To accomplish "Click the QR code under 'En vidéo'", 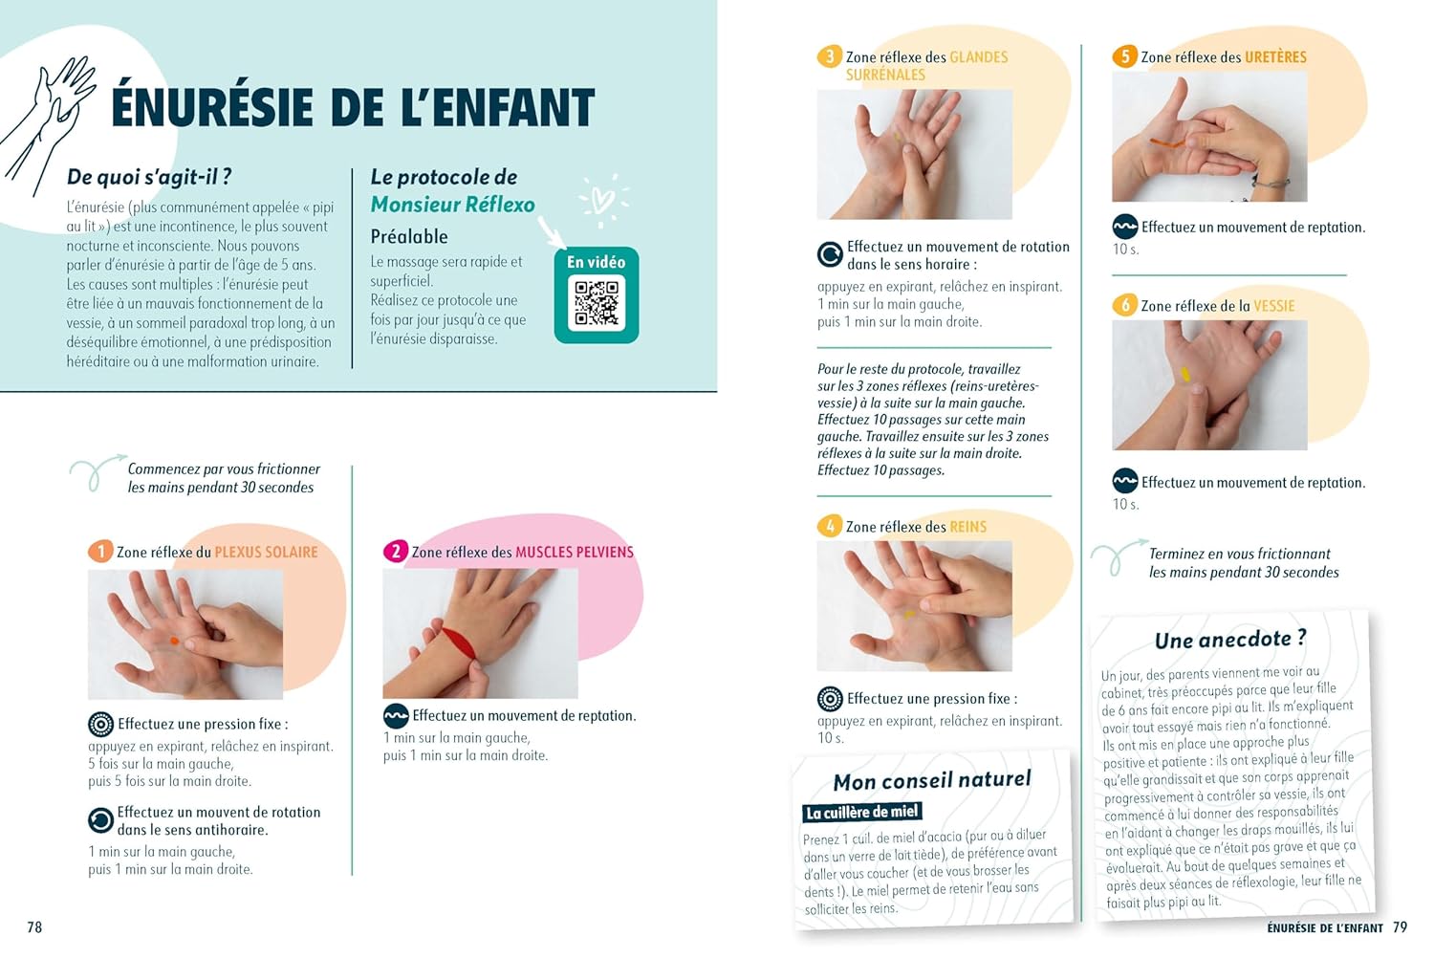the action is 596,303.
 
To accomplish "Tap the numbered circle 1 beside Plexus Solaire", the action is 100,552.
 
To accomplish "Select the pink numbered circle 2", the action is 396,552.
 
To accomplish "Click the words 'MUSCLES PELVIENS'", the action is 575,552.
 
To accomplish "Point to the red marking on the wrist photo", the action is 459,642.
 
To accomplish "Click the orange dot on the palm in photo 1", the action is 174,641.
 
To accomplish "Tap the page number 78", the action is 34,926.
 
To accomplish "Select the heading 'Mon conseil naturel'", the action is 932,780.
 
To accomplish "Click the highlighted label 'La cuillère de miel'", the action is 862,812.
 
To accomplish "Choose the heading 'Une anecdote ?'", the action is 1229,639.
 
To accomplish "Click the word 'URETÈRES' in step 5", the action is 1274,57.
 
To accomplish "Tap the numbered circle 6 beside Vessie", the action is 1125,305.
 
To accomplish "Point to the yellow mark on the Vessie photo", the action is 1185,375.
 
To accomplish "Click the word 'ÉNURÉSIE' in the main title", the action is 212,107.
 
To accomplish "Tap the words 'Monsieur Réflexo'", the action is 452,205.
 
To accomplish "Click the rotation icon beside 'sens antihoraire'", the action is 100,820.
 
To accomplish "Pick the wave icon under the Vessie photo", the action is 1125,481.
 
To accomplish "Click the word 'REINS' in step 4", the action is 967,527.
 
